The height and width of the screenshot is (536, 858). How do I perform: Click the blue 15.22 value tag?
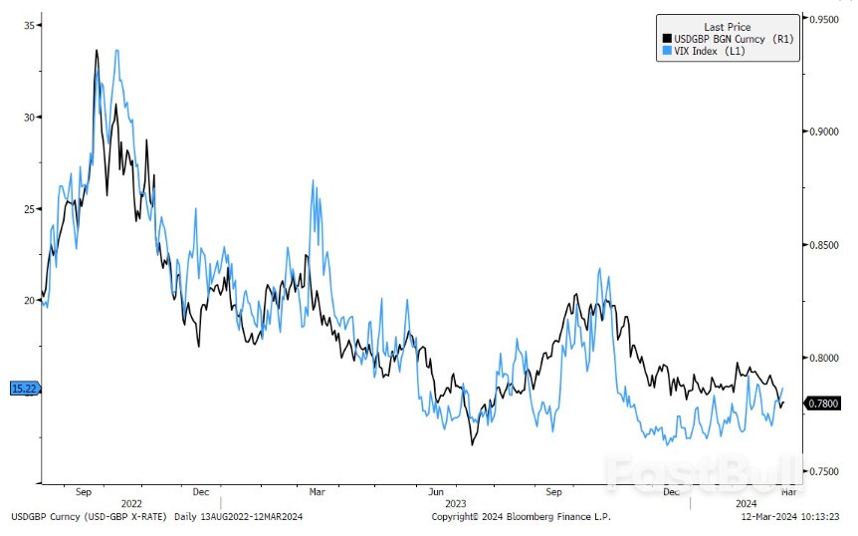tap(23, 389)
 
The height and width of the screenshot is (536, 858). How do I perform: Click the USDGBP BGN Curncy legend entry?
tap(730, 38)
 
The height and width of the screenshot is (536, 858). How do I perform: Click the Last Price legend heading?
tap(727, 27)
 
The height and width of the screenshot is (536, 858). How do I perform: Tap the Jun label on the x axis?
tap(436, 492)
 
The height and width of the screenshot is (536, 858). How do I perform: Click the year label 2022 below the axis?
tap(130, 504)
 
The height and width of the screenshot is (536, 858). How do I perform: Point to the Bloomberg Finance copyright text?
tap(521, 517)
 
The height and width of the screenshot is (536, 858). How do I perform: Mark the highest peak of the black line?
tap(97, 50)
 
